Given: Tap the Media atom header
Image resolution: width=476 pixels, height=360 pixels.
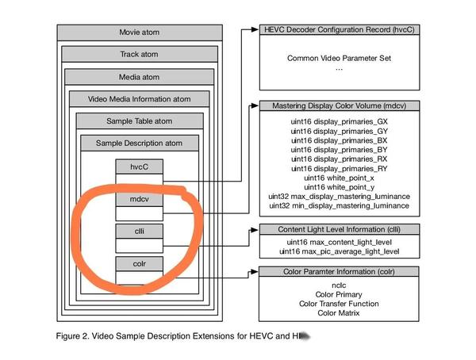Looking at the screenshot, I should pos(139,77).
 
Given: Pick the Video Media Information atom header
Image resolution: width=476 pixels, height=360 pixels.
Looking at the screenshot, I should pos(139,99).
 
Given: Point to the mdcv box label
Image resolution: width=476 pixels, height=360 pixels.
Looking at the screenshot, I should pos(140,199).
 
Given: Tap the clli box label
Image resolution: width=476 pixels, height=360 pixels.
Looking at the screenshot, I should pos(140,231).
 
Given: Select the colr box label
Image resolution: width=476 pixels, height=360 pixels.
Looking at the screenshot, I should pos(140,262).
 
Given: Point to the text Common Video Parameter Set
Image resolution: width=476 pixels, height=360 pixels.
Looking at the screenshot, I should pos(339,59).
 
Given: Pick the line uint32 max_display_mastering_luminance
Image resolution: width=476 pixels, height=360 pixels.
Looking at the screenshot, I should pos(339,195).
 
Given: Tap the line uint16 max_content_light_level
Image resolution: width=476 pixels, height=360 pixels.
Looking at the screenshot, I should pos(339,241).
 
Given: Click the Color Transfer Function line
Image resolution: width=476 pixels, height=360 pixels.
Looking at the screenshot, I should pos(339,304).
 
